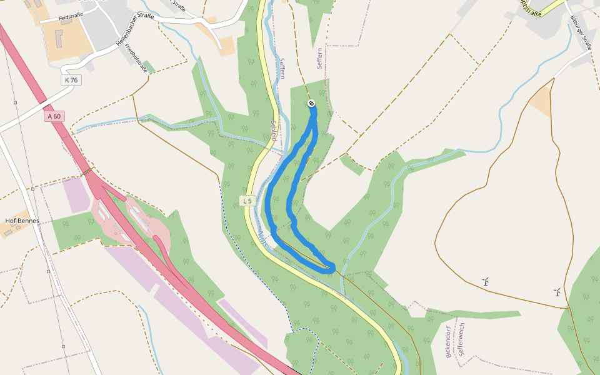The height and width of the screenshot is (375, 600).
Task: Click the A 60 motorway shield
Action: point(54,116)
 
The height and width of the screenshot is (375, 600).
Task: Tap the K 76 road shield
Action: point(71,80)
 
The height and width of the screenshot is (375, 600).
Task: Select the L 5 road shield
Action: point(248,201)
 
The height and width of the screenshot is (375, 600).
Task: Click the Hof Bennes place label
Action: point(22,221)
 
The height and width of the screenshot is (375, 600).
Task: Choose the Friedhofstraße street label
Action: point(136,57)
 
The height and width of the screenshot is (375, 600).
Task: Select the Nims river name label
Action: point(262,239)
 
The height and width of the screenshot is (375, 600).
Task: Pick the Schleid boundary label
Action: point(273,131)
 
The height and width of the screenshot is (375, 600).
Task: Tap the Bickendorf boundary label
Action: point(448,341)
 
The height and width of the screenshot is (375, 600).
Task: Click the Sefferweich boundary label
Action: point(461,340)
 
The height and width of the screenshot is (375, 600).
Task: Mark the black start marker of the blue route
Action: point(311,103)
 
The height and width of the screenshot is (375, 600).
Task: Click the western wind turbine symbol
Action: point(485,282)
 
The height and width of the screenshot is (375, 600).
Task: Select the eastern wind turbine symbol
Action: point(557,292)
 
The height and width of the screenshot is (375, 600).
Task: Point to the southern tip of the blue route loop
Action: point(332,269)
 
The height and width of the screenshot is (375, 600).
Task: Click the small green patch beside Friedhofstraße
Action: point(149,66)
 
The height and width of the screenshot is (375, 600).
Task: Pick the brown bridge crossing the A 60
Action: point(87,171)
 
